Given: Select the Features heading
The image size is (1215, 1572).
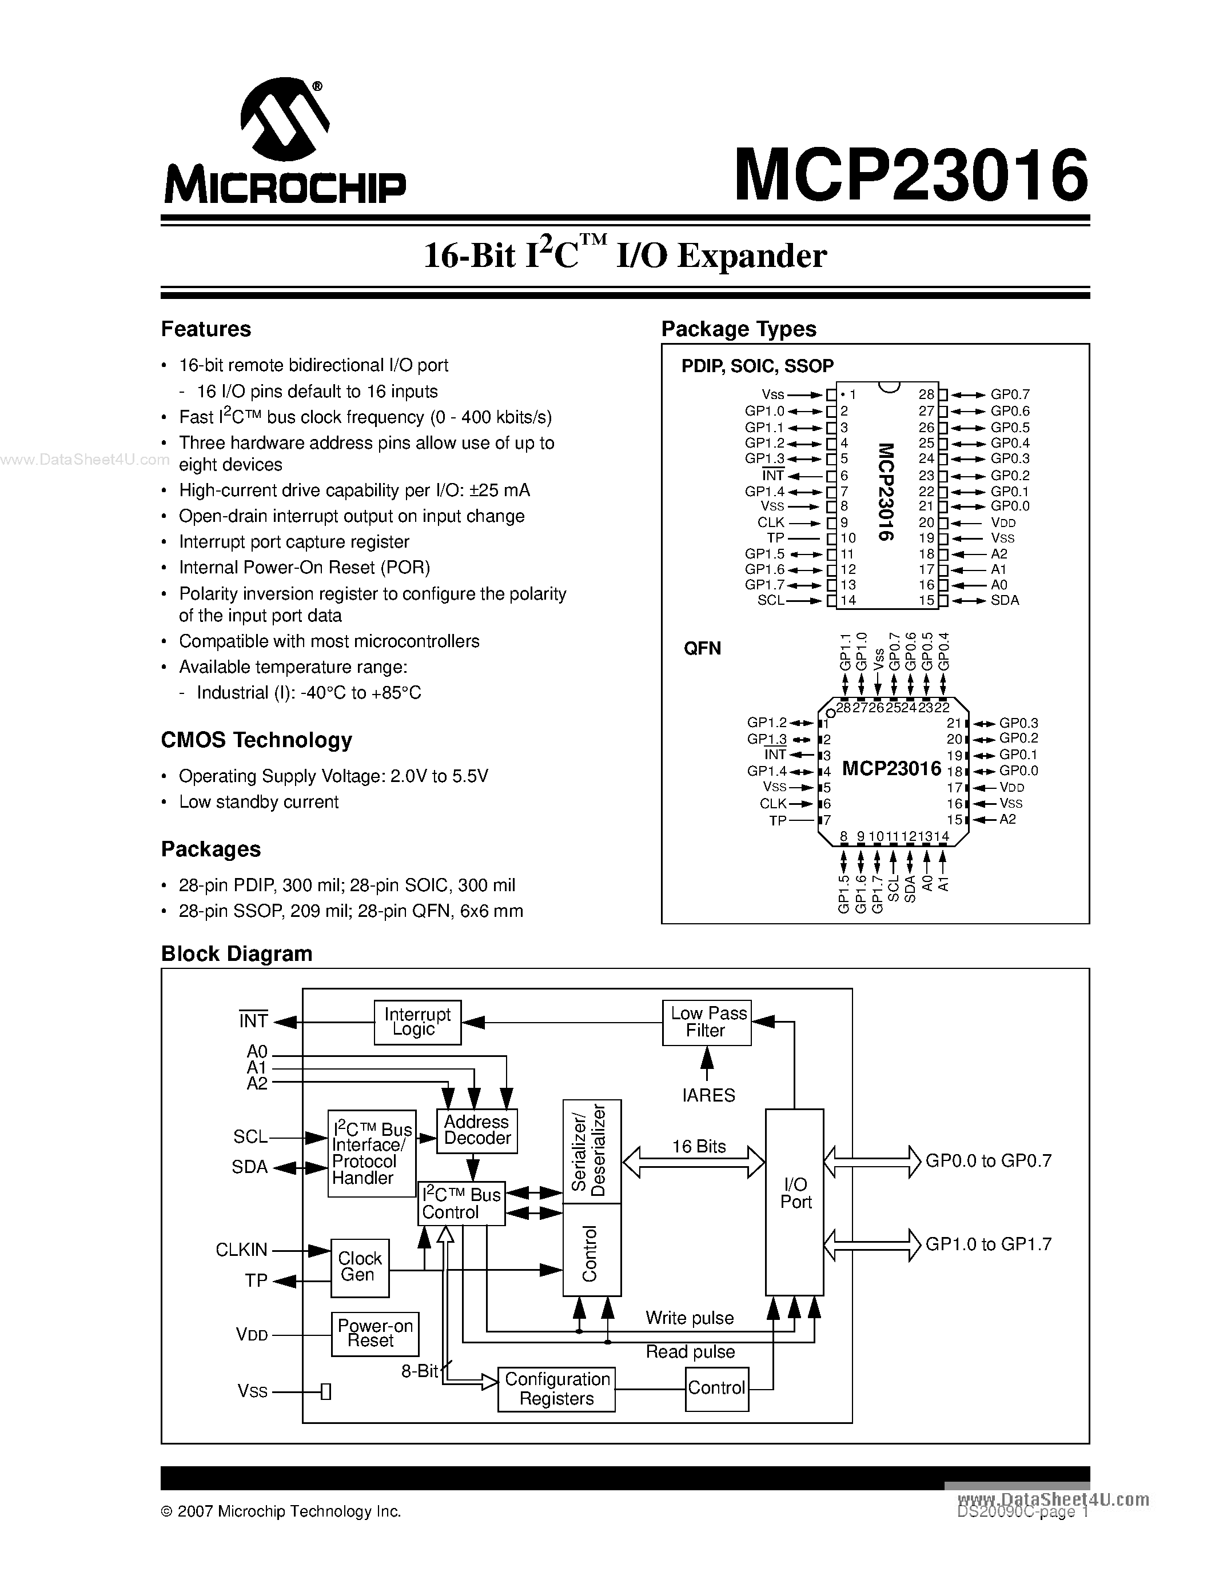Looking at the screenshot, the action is pos(206,329).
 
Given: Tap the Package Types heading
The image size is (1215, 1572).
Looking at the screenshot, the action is pos(739,329).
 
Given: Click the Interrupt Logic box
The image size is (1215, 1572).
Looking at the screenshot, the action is pos(417,1022).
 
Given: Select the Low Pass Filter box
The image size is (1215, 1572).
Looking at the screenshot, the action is pos(707,1022).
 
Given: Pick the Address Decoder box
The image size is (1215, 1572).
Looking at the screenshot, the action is pos(476,1130).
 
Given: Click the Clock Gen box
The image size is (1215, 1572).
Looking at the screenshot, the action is pos(360,1267).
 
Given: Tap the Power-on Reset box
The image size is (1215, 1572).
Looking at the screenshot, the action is pos(375,1333).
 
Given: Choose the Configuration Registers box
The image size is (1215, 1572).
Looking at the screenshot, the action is pos(556,1389).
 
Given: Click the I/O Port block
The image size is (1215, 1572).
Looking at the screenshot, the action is pos(795,1202).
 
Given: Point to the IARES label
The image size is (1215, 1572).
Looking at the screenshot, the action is pos(708,1095).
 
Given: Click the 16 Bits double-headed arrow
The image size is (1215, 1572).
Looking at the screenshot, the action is pos(693,1161).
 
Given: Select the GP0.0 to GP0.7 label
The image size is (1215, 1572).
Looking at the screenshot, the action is pos(988,1160).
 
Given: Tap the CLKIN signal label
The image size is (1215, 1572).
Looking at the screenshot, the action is pos(242,1250).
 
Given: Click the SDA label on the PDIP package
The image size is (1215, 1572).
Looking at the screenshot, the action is pos(1005,600).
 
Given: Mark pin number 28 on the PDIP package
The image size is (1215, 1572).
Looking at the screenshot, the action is pos(926,394).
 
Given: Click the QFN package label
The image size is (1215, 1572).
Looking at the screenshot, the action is pos(702,649).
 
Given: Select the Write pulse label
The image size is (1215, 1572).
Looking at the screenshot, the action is pos(690,1318).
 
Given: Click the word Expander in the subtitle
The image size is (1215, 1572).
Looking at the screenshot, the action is pos(751,256).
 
